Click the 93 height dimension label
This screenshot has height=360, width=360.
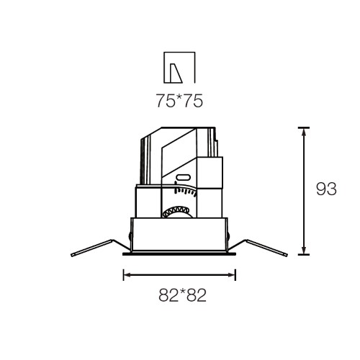326,189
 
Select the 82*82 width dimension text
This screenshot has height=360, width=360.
182,295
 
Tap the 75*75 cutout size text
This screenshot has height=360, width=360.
179,101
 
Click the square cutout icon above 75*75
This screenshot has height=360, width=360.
179,68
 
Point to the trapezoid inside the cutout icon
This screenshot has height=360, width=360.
176,73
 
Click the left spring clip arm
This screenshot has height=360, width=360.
101,247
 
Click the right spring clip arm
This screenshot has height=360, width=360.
258,247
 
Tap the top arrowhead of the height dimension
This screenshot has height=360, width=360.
304,132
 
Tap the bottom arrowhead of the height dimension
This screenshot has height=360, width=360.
304,251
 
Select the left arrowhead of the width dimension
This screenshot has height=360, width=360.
127,275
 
